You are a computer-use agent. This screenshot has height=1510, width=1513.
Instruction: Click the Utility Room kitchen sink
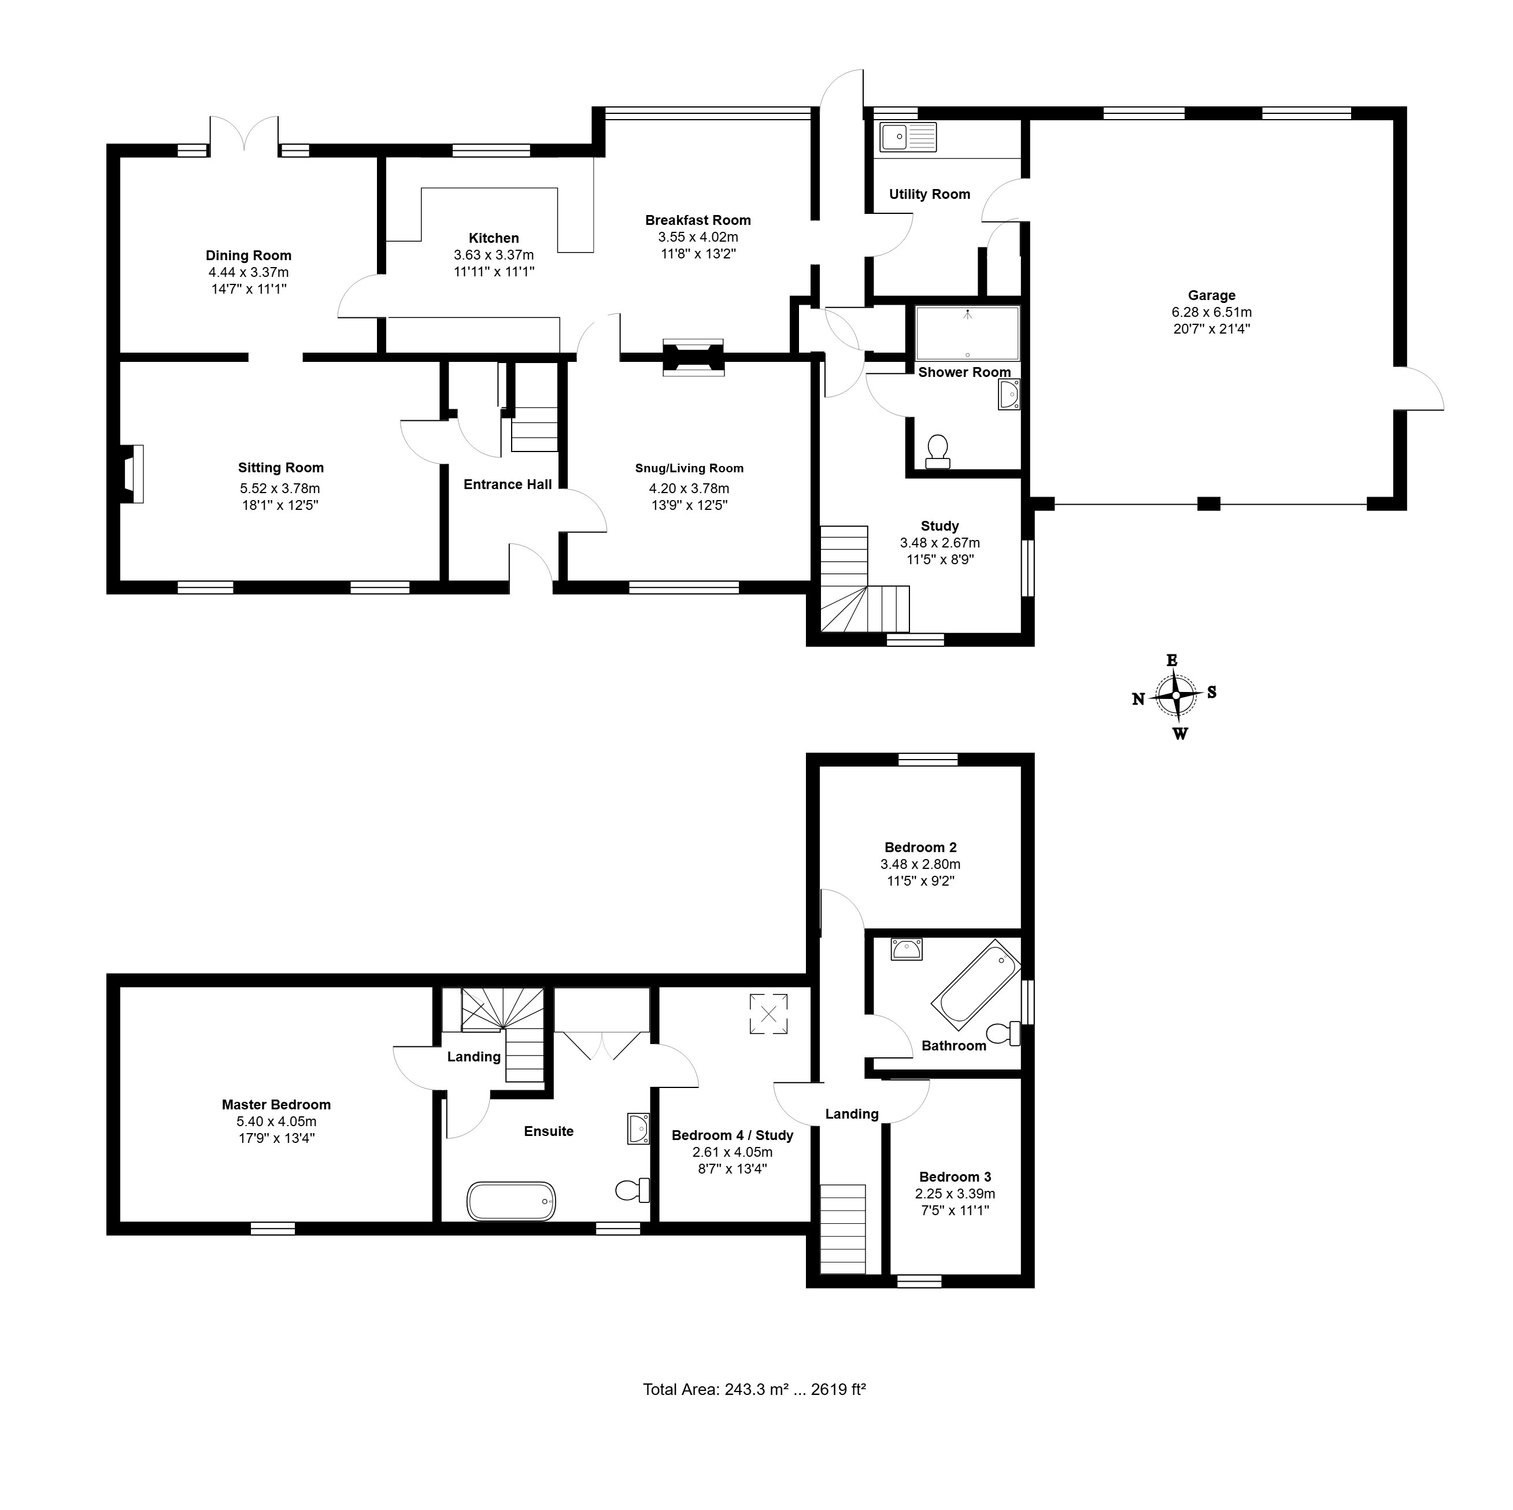908,138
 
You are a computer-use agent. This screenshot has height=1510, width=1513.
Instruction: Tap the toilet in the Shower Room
937,453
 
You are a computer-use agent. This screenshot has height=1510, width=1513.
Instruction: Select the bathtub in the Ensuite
512,1200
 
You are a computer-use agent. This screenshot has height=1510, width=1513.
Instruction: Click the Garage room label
1211,295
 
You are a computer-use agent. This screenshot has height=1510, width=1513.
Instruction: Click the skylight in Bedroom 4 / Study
768,1014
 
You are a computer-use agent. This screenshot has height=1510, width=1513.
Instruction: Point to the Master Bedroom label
276,1104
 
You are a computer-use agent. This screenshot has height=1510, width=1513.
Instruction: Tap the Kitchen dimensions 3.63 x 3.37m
494,254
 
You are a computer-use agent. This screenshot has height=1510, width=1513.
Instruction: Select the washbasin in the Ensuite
639,1128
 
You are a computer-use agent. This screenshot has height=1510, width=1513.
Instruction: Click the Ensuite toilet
632,1190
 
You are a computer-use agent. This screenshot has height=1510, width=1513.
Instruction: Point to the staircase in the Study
864,580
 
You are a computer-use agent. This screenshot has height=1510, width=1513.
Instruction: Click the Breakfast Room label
698,220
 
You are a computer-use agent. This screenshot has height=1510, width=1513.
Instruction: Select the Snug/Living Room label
689,468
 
